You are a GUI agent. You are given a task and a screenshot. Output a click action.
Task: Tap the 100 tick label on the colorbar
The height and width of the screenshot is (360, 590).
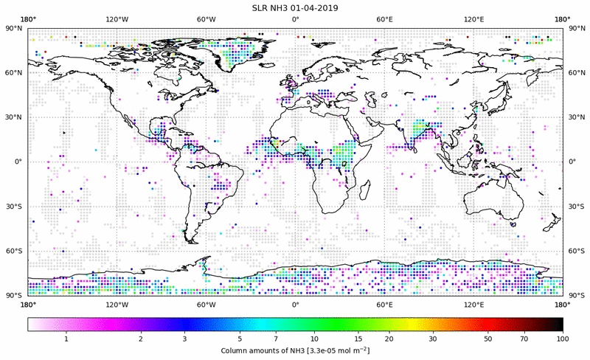pos(563,338)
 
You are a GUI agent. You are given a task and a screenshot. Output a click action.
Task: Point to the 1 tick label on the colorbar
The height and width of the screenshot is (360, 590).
pos(66,338)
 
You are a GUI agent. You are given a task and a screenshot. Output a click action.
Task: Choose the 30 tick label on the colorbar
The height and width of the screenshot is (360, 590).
pos(432,338)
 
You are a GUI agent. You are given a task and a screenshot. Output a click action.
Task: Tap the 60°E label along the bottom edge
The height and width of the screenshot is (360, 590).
pos(384,304)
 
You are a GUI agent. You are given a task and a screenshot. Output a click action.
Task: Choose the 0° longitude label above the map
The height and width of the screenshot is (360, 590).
pos(295,19)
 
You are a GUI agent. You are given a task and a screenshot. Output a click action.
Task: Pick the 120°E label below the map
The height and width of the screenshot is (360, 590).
pos(473,304)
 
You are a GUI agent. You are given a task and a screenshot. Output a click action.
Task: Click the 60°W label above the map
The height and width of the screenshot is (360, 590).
pos(206,19)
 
